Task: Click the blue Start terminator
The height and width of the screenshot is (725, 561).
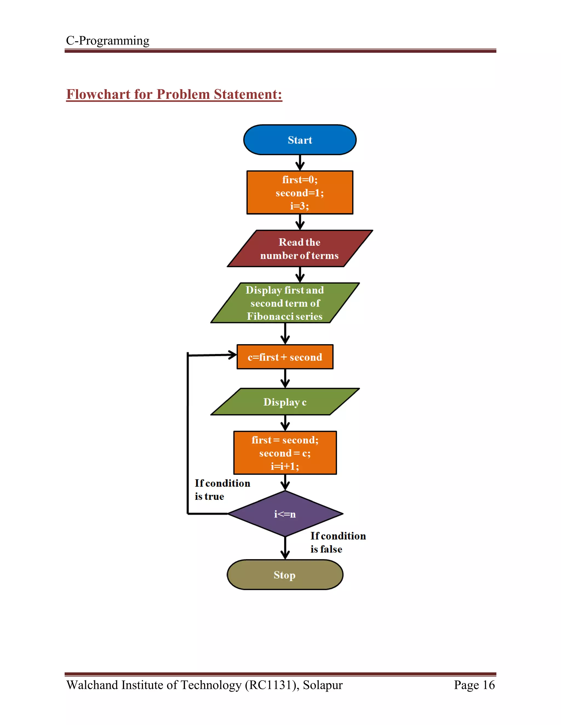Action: (300, 140)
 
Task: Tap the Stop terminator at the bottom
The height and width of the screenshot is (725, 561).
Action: (285, 575)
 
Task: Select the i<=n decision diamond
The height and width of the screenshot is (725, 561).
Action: (285, 514)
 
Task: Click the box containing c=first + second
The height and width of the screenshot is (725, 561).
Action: (285, 357)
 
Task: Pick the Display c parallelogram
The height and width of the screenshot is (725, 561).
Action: (285, 402)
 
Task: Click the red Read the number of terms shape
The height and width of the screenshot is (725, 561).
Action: (299, 248)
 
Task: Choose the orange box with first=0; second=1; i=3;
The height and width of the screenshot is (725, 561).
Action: (300, 193)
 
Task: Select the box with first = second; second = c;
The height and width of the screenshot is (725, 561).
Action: (285, 453)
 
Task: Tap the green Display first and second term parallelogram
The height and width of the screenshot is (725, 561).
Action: (285, 303)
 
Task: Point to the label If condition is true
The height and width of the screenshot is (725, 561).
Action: (222, 490)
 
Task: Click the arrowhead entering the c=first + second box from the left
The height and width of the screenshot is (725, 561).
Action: (232, 355)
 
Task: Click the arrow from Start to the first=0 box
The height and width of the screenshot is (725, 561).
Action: (300, 163)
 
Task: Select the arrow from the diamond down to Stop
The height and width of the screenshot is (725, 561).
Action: (285, 548)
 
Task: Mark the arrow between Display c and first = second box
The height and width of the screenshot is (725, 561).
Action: (285, 423)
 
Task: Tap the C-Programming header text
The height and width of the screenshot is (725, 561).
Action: (108, 40)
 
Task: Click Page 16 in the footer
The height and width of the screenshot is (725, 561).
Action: (474, 685)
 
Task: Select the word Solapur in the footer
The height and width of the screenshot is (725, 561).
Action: (322, 685)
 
